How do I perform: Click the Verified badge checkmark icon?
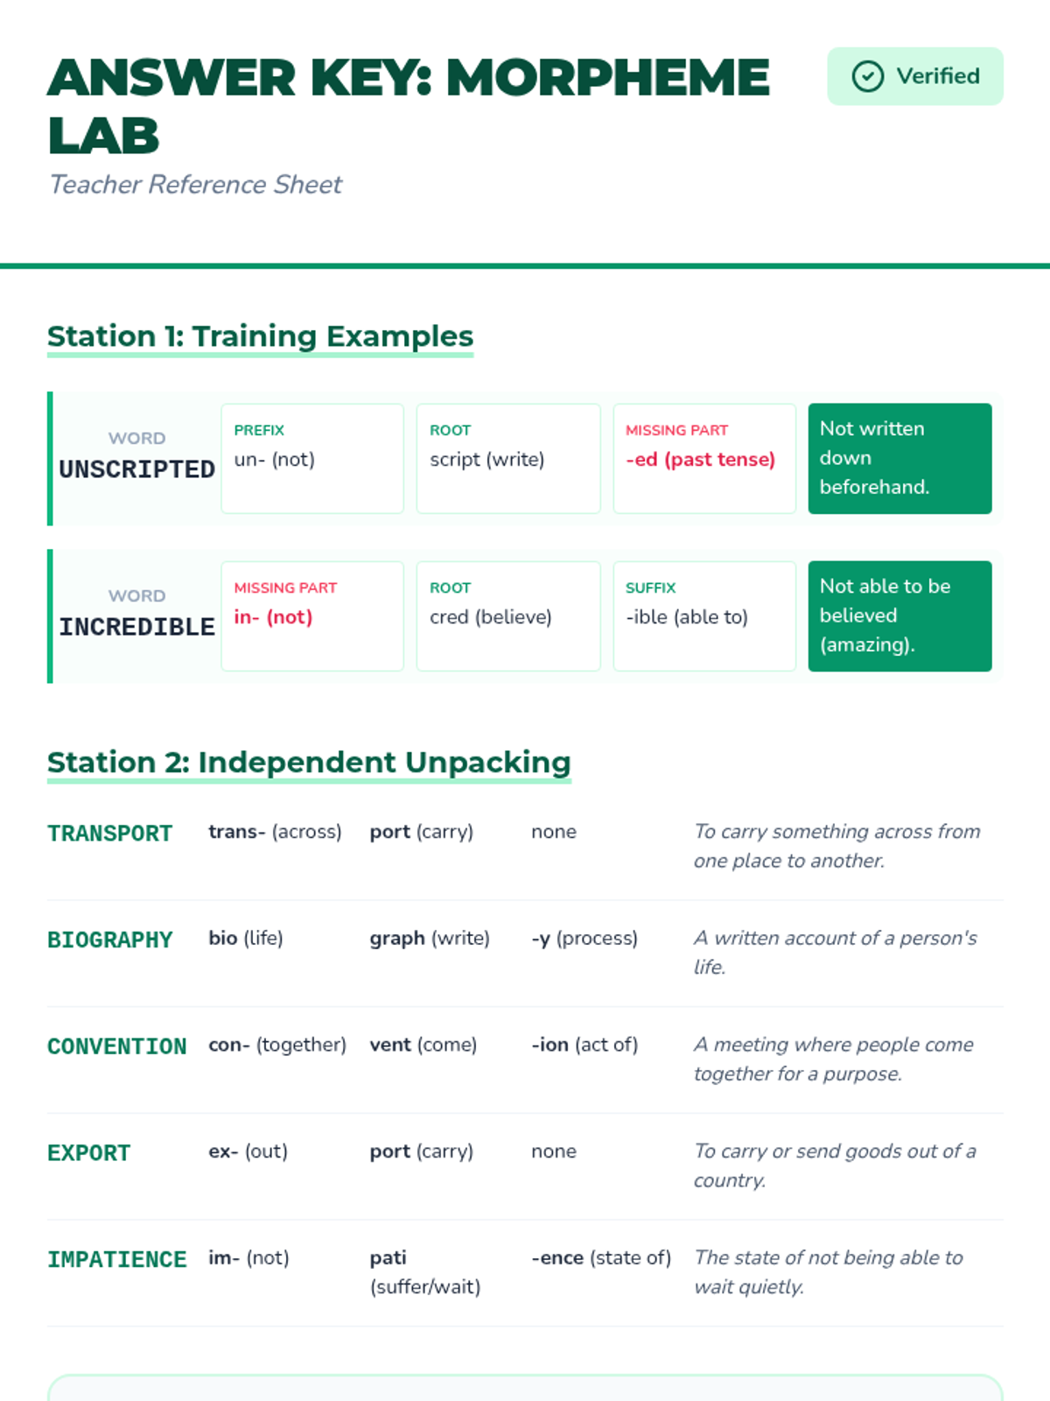867,77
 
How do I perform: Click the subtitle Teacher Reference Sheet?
195,185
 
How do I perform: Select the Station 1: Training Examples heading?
260,336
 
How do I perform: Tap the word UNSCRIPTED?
136,469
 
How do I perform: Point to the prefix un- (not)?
274,460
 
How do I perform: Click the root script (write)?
486,460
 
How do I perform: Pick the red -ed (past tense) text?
700,460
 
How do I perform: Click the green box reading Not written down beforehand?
899,458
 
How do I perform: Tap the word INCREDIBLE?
136,627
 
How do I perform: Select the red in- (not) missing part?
273,617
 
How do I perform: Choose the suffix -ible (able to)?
686,617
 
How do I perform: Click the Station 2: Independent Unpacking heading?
309,763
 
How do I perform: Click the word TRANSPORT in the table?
109,834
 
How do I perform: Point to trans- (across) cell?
275,832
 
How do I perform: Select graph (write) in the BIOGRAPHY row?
429,939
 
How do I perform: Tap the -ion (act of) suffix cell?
584,1045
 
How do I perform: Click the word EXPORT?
88,1153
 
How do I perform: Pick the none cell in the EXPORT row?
553,1151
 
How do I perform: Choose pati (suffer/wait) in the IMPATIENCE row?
424,1272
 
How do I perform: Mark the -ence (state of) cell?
600,1258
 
